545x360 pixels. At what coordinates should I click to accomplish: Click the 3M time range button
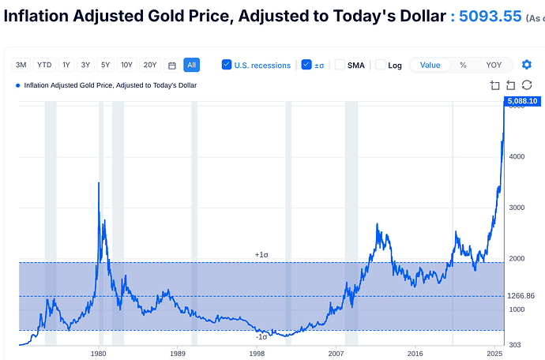pyautogui.click(x=21, y=65)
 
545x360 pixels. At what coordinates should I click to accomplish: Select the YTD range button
pyautogui.click(x=43, y=65)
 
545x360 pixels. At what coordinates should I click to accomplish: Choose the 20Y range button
pyautogui.click(x=149, y=65)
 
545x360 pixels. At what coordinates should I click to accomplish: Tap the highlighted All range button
pyautogui.click(x=191, y=65)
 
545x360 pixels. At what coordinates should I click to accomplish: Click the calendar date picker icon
pyautogui.click(x=171, y=65)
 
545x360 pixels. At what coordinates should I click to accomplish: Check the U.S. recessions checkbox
pyautogui.click(x=227, y=65)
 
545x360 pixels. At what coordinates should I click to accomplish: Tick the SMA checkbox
pyautogui.click(x=340, y=65)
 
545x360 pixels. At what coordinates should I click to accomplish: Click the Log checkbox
pyautogui.click(x=380, y=65)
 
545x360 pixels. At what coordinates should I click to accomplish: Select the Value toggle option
pyautogui.click(x=430, y=65)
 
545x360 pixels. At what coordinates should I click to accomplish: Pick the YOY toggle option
pyautogui.click(x=494, y=65)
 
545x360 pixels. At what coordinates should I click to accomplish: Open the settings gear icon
pyautogui.click(x=527, y=65)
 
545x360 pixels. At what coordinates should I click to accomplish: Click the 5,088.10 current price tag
pyautogui.click(x=521, y=101)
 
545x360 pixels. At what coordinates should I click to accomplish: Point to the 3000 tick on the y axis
pyautogui.click(x=517, y=208)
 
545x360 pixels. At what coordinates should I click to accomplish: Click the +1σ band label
pyautogui.click(x=261, y=254)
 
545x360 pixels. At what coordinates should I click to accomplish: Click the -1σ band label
pyautogui.click(x=261, y=337)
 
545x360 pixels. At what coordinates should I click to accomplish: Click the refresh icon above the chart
pyautogui.click(x=528, y=85)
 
